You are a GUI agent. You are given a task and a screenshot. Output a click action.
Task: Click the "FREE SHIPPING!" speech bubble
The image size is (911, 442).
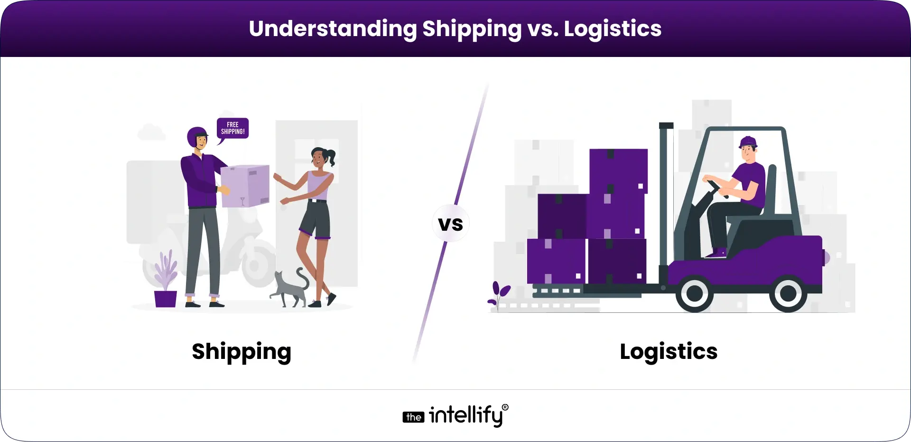(232, 129)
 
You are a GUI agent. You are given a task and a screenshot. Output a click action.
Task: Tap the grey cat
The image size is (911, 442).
(291, 288)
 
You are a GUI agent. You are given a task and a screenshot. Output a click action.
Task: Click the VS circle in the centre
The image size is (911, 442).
(450, 224)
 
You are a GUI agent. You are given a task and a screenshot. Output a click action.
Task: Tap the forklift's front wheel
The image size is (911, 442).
(695, 293)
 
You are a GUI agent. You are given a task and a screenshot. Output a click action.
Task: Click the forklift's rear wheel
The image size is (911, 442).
(788, 293)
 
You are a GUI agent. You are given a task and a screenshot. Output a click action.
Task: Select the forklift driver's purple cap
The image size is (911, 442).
(748, 141)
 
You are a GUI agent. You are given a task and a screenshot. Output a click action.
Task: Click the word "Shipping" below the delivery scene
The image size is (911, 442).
(242, 352)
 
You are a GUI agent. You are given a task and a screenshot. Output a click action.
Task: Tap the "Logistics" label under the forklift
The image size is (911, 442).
(669, 352)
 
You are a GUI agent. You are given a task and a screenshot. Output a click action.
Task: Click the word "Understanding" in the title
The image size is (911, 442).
(333, 28)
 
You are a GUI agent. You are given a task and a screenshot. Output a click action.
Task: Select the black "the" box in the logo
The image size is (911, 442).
(413, 417)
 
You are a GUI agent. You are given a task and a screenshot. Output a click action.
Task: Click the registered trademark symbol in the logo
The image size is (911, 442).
(505, 407)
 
